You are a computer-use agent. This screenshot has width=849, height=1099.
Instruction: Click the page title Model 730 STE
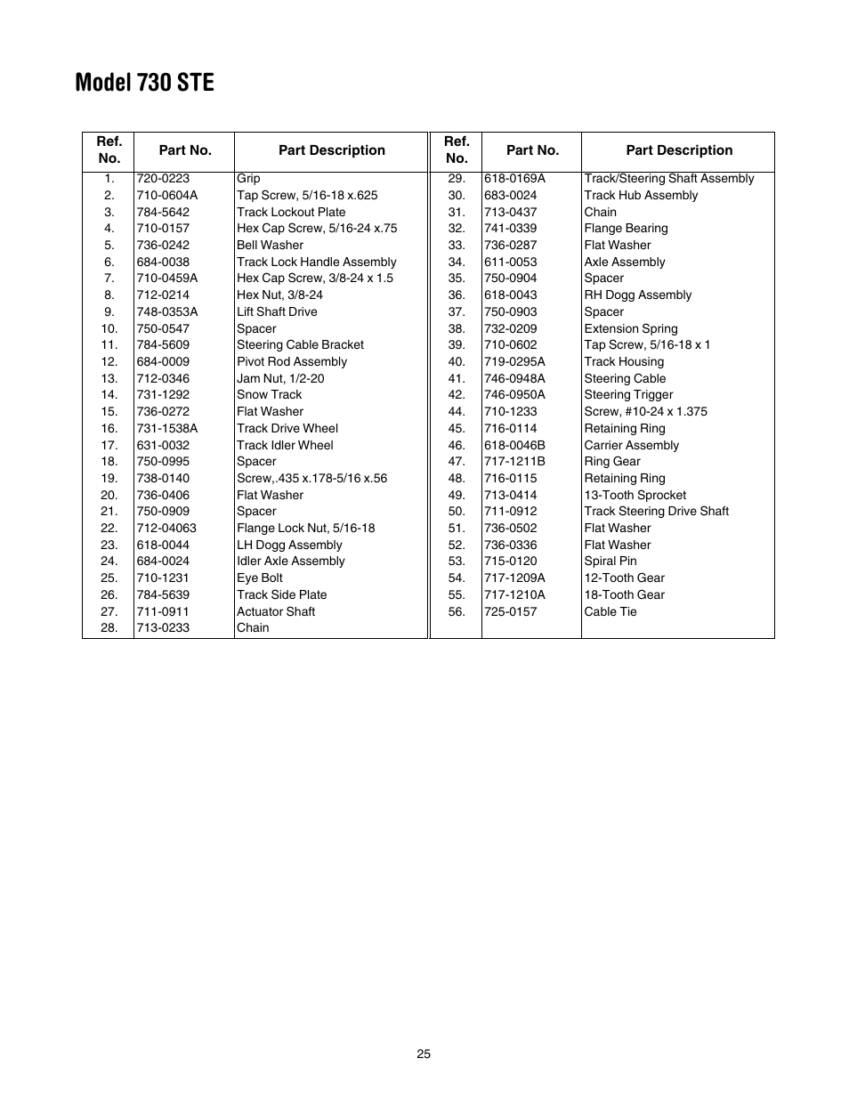144,83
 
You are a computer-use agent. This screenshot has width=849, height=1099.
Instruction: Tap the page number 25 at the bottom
424,1054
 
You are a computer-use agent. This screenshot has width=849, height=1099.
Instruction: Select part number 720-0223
163,178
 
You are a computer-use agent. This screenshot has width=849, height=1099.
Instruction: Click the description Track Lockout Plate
291,212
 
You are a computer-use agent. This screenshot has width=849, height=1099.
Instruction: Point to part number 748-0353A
167,311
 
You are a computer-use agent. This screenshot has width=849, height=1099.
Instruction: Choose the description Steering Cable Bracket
300,344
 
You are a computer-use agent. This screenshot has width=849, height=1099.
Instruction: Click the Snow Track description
269,394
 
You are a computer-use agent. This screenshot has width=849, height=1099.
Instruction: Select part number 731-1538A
167,428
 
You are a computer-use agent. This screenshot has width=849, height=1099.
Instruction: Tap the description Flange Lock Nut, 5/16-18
305,528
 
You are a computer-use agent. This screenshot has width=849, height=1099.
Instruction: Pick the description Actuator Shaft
276,611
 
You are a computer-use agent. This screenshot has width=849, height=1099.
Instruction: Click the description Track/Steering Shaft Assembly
668,178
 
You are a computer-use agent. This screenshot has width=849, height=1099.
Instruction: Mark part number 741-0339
510,228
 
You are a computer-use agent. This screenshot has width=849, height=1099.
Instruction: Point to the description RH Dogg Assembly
637,295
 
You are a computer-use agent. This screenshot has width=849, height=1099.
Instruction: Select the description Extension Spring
630,328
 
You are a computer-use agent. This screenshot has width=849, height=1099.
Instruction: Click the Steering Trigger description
628,394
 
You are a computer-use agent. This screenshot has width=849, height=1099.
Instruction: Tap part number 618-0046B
514,445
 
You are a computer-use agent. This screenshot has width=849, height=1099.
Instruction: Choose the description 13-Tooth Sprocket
635,495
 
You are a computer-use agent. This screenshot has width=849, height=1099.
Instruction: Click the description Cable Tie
610,611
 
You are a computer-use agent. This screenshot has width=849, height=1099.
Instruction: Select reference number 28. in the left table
109,627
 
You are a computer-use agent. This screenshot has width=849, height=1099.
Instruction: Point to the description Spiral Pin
610,561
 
